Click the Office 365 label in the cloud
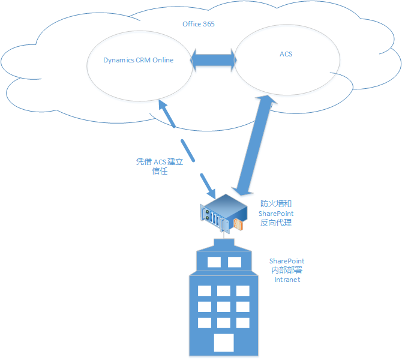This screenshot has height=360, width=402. [x=198, y=24]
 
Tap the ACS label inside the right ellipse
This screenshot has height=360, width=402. [x=286, y=54]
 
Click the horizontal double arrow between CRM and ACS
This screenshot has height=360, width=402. [x=213, y=60]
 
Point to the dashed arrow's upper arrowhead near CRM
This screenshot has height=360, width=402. [x=163, y=107]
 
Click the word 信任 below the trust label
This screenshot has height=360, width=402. [x=159, y=172]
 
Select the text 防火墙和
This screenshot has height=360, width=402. [x=276, y=203]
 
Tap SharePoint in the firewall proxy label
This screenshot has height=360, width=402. [x=276, y=213]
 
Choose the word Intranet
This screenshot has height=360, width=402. [x=286, y=279]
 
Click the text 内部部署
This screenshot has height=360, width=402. [x=286, y=270]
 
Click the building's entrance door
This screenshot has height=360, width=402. [x=224, y=343]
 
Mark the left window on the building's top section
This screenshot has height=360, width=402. [x=214, y=262]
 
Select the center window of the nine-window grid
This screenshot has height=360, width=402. [x=224, y=307]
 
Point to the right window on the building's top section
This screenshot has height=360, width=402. [x=235, y=262]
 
